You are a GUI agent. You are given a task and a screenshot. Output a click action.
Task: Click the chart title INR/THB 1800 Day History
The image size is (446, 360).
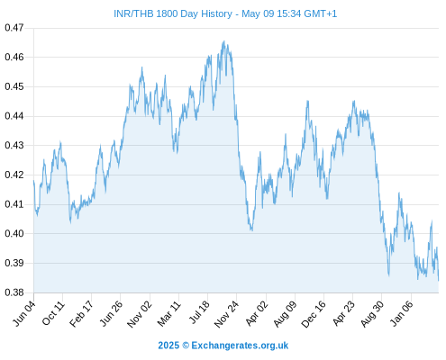point(173,13)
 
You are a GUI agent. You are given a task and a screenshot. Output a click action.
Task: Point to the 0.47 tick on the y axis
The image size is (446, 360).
point(14,28)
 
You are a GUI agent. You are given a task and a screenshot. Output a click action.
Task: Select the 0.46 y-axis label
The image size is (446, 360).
point(14,57)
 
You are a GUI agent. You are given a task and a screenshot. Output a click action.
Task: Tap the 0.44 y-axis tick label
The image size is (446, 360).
point(14,116)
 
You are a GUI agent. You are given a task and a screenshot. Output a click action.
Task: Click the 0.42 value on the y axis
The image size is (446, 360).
point(14,175)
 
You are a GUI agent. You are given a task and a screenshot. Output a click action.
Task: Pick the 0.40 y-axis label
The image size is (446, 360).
point(14,233)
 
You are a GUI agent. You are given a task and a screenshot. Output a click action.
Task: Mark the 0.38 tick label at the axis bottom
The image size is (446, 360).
point(14,292)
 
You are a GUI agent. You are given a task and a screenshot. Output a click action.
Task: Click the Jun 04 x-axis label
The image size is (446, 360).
point(24,313)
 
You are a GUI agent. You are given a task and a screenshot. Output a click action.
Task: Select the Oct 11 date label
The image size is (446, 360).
point(53,313)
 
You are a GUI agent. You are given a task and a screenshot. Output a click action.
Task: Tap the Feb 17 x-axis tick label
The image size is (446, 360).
point(82,313)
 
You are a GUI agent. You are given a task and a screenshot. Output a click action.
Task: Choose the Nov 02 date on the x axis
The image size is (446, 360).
point(140,314)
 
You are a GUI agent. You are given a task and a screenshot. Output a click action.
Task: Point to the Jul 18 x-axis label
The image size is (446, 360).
point(199,312)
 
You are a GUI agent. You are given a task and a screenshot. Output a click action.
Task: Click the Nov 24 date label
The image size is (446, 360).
point(227,314)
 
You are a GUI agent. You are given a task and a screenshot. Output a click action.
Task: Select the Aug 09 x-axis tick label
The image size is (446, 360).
point(286,314)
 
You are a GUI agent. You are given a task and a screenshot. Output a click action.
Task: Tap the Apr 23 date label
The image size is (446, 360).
point(344,313)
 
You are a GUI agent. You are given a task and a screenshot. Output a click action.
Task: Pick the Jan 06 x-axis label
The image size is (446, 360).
point(403,313)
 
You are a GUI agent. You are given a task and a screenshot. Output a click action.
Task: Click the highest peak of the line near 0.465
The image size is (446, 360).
point(223,41)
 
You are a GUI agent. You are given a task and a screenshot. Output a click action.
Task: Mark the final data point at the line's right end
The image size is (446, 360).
point(439,281)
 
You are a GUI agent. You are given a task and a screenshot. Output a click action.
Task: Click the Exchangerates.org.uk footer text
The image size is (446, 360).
point(240,346)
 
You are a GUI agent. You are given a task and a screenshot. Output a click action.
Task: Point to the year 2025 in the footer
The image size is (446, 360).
point(168,346)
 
